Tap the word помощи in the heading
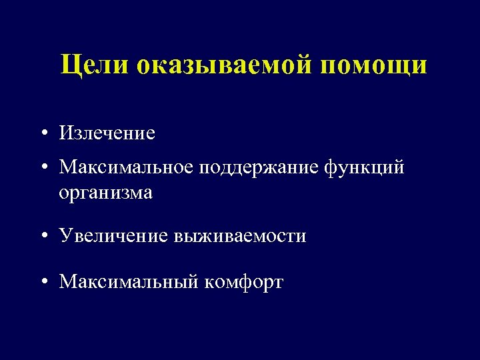[x=374, y=65]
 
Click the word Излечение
[x=107, y=133]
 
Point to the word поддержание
[x=259, y=169]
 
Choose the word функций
[x=366, y=169]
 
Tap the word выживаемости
[x=240, y=235]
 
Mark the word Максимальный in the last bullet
[x=128, y=282]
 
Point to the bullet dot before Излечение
[x=43, y=133]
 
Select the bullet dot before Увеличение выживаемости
[x=43, y=236]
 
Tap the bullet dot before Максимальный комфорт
[x=43, y=283]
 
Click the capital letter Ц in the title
[x=69, y=65]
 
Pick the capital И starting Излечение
[x=66, y=133]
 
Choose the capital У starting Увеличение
[x=65, y=235]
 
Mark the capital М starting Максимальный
[x=68, y=282]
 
